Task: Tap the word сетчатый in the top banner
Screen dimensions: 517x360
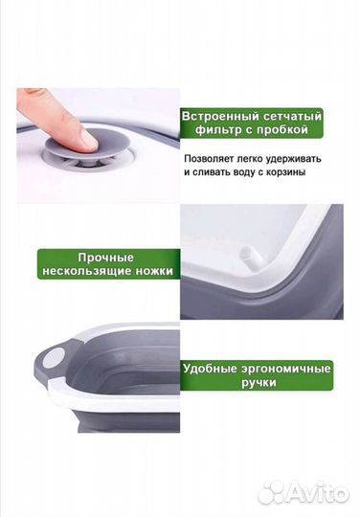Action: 290,116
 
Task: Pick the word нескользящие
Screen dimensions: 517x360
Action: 89,272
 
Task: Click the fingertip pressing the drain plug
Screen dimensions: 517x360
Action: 84,137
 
